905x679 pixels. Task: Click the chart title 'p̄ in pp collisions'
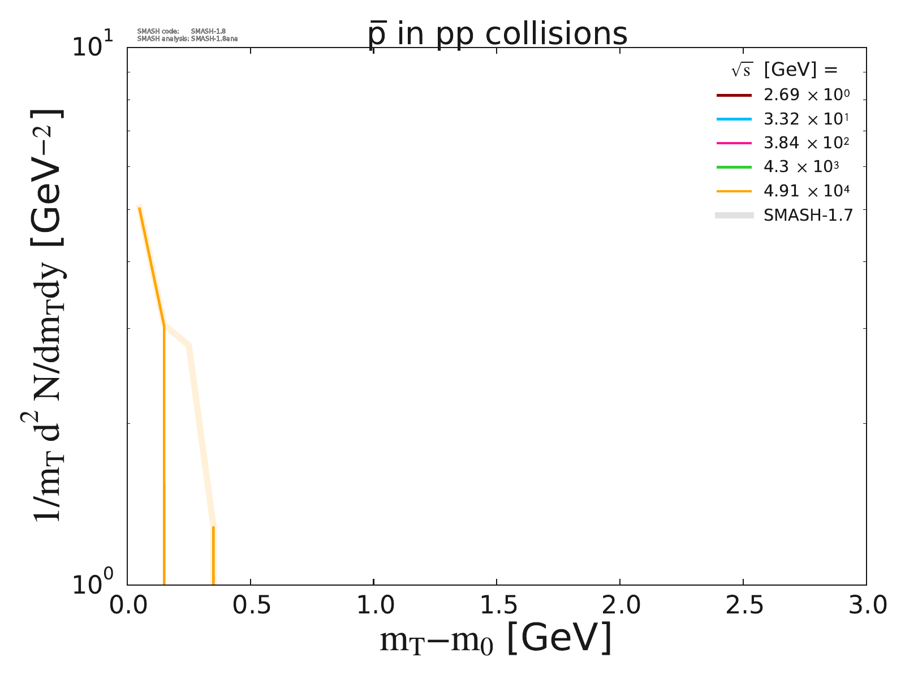click(x=497, y=34)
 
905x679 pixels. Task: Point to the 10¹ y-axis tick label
click(x=93, y=45)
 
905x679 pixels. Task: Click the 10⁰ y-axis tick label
click(x=93, y=584)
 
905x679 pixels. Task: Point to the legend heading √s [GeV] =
click(x=784, y=70)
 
